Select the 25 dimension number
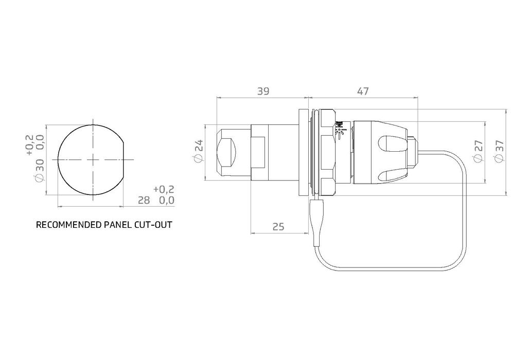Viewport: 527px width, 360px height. [x=278, y=226]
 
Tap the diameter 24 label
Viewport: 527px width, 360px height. [x=199, y=152]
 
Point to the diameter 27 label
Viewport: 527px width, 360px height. [x=478, y=152]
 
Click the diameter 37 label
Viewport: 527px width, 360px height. [x=499, y=152]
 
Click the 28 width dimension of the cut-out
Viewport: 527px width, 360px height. [x=144, y=200]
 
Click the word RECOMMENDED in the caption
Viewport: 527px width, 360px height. [x=65, y=225]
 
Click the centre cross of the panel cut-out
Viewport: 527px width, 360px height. [x=92, y=160]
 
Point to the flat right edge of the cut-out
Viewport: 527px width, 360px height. [x=124, y=160]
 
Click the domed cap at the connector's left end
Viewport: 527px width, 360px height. [x=226, y=152]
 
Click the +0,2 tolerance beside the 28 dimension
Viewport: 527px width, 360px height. [x=164, y=189]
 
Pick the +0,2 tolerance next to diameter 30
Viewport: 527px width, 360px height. [x=29, y=145]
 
